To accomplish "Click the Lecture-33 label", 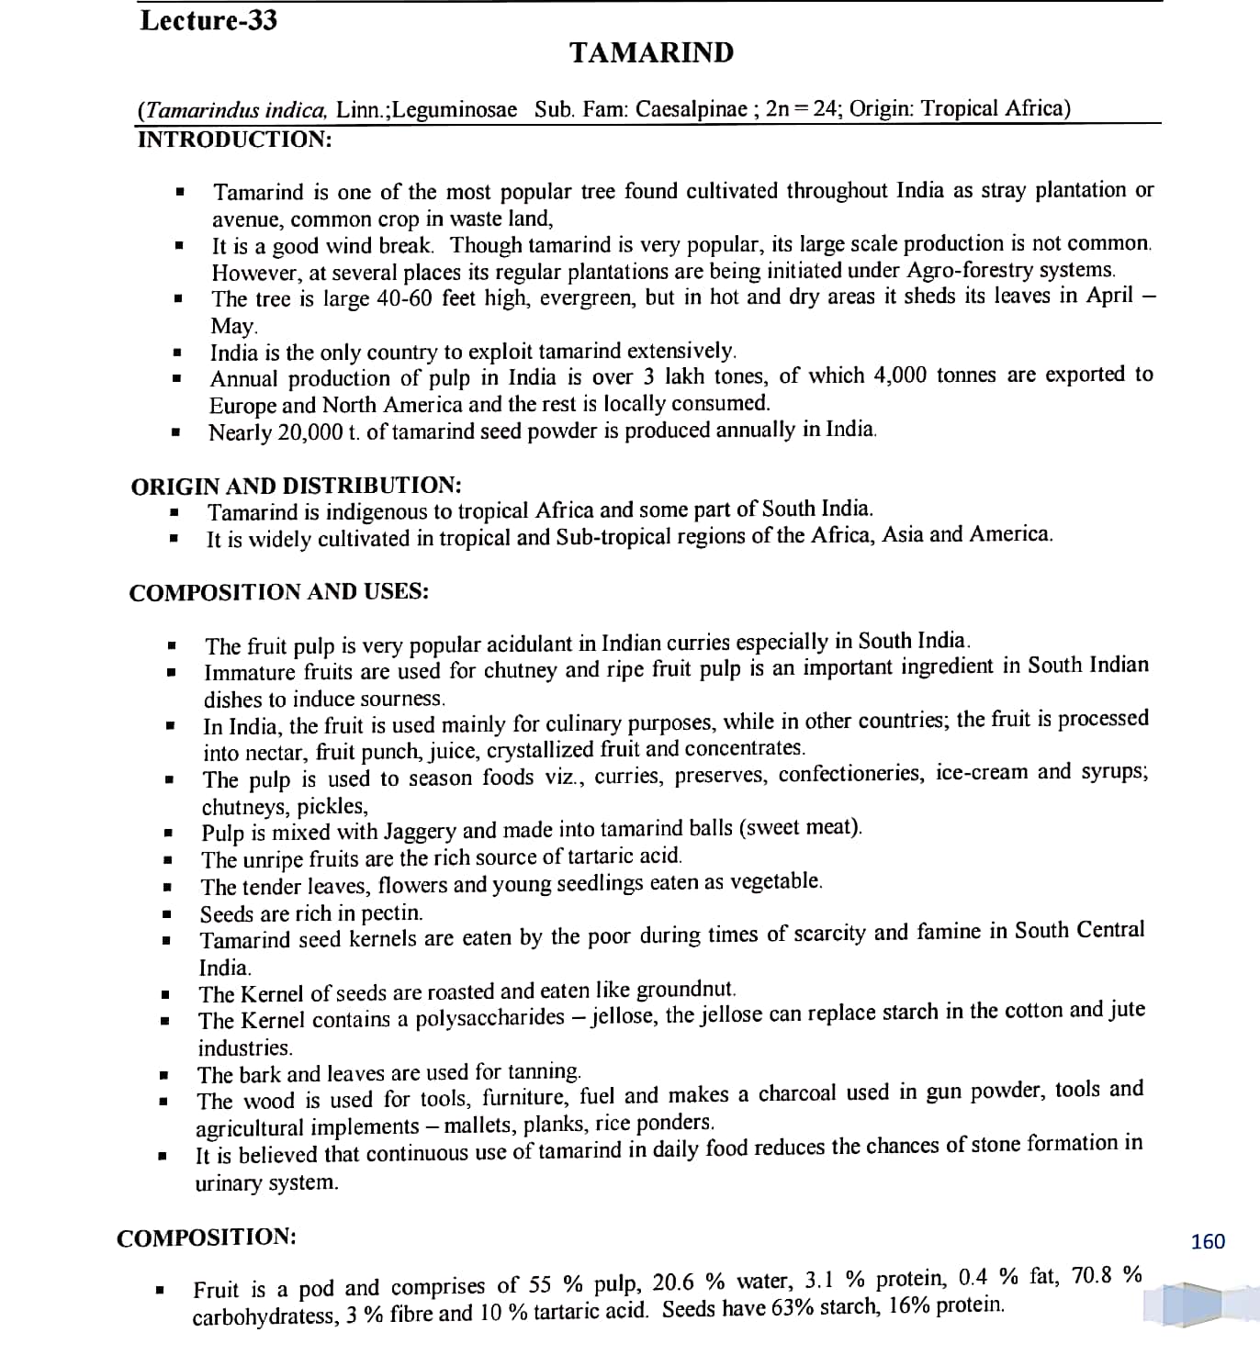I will point(208,20).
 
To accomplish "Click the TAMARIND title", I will point(651,53).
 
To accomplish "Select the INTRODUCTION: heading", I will point(234,140).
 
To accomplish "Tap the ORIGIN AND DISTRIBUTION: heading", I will point(296,486).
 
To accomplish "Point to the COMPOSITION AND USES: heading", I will point(279,592).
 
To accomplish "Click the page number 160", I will point(1207,1241).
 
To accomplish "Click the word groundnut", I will point(685,990).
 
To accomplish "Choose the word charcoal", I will point(797,1093).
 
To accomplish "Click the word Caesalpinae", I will point(692,109).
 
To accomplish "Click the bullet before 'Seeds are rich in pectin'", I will point(167,914).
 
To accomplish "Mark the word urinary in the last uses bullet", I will point(230,1182).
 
